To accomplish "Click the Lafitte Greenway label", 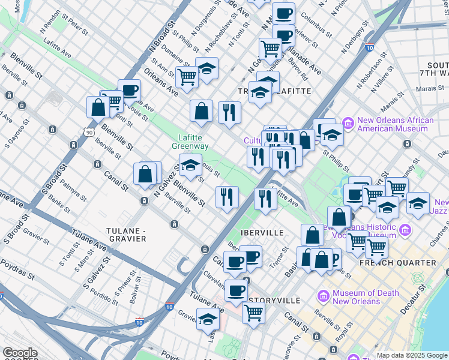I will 190,142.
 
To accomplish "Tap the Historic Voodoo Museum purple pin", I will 407,230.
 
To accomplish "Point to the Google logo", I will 20,353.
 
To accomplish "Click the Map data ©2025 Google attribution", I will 412,355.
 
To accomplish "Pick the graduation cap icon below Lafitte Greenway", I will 190,164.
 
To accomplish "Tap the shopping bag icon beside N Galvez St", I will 145,173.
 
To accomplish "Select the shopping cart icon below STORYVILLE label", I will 254,313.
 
